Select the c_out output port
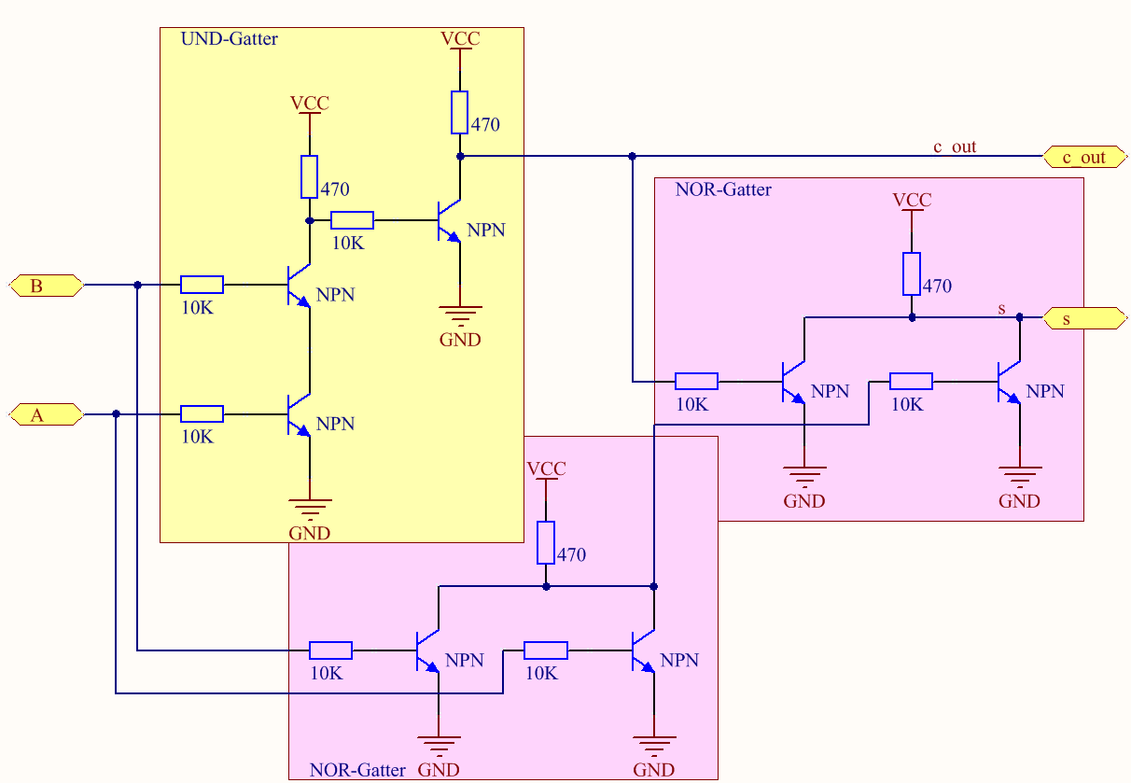[1082, 157]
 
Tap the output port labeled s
[1082, 319]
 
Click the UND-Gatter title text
[229, 39]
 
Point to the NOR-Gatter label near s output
[723, 189]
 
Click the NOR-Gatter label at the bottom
[357, 771]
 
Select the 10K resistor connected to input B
[202, 285]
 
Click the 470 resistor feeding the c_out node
[459, 112]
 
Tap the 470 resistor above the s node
[912, 273]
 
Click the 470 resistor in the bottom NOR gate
[546, 542]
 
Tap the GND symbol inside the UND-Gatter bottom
[310, 512]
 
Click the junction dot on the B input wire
[137, 285]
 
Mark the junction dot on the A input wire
[116, 414]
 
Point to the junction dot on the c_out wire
[632, 156]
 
